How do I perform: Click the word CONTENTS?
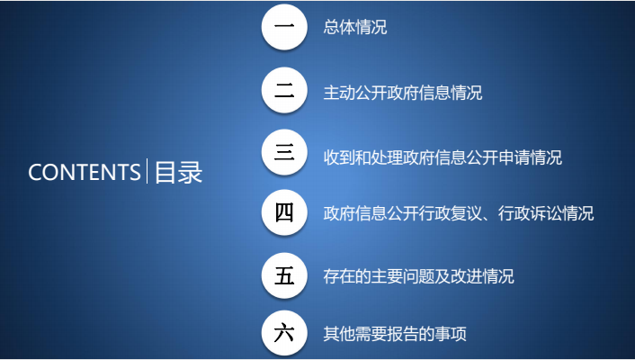click(85, 172)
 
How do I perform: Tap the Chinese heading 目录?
click(179, 172)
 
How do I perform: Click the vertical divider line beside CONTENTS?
click(147, 171)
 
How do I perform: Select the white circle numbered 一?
click(284, 27)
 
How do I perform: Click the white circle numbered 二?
click(284, 90)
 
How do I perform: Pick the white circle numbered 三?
click(284, 152)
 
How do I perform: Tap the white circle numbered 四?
click(284, 212)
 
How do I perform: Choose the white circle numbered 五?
click(284, 275)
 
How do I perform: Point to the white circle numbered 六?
click(284, 333)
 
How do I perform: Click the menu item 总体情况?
click(354, 27)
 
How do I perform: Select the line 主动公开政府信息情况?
click(403, 93)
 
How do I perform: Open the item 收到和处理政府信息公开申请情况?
click(443, 157)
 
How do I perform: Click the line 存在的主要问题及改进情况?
click(418, 276)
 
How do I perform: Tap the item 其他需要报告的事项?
click(395, 334)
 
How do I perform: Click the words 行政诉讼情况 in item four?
click(546, 213)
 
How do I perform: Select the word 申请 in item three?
click(514, 157)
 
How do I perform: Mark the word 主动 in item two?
click(339, 93)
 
